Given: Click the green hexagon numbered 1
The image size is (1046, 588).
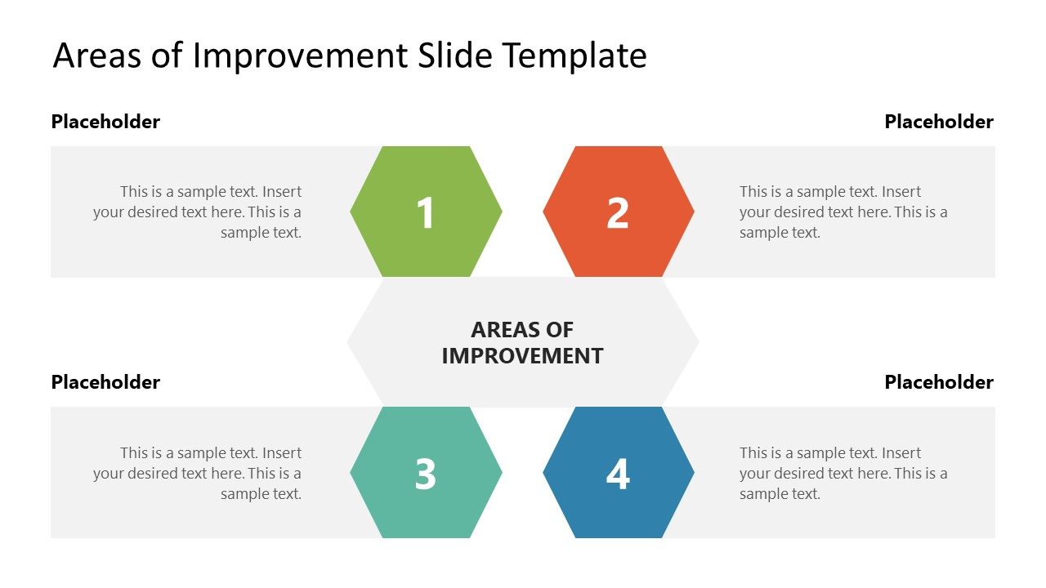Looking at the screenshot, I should click(426, 212).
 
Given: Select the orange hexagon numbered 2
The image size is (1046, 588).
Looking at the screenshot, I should click(619, 212).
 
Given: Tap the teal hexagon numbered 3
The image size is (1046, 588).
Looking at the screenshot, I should click(426, 473).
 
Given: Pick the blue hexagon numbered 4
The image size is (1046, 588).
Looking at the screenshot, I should click(619, 473).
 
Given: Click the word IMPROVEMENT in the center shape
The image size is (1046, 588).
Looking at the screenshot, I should click(522, 356).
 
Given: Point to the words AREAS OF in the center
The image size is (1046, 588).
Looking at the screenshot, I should click(522, 330).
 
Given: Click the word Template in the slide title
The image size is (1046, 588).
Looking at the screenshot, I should click(574, 56).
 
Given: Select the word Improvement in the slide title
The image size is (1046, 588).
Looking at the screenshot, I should click(301, 56).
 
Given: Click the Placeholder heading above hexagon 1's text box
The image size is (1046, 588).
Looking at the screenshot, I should click(105, 122).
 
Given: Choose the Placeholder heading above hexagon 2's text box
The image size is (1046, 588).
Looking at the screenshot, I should click(939, 122).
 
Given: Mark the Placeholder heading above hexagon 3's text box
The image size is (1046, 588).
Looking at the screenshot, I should click(105, 382).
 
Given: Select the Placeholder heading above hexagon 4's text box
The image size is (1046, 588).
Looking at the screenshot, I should click(939, 382).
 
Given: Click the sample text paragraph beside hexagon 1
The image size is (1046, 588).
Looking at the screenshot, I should click(198, 212).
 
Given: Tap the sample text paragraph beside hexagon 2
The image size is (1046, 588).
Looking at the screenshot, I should click(843, 212).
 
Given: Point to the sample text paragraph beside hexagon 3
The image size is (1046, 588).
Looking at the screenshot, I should click(198, 474).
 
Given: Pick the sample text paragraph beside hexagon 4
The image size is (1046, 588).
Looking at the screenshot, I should click(843, 474).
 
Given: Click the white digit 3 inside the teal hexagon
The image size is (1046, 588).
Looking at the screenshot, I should click(426, 474).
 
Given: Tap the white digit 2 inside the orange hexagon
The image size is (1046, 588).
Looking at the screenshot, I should click(618, 213).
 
